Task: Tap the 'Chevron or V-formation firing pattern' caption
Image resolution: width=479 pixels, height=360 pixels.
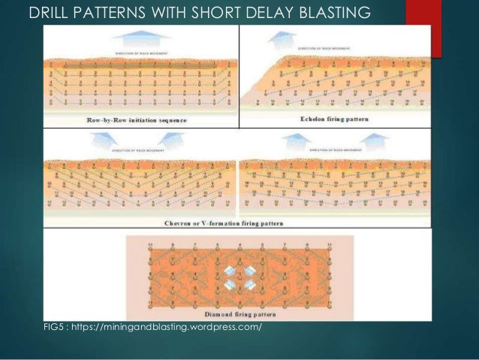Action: (234, 223)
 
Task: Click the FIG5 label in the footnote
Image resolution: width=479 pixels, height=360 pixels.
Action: (55, 328)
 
